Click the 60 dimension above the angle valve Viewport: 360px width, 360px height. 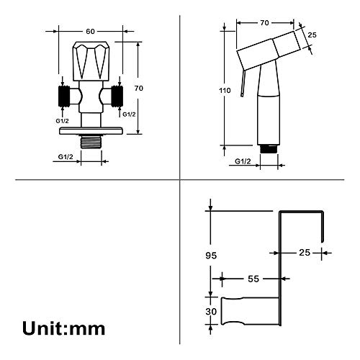90,32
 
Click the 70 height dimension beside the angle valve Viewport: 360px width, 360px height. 139,89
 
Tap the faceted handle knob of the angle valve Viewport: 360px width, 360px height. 91,61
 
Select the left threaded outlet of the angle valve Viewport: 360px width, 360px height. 64,96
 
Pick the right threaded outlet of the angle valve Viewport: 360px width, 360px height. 117,96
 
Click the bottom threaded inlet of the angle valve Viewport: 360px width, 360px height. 91,142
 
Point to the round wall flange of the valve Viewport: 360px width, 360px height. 91,131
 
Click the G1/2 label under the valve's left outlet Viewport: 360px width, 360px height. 62,121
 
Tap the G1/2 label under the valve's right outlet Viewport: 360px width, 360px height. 129,114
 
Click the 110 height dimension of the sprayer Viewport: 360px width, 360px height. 225,91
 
